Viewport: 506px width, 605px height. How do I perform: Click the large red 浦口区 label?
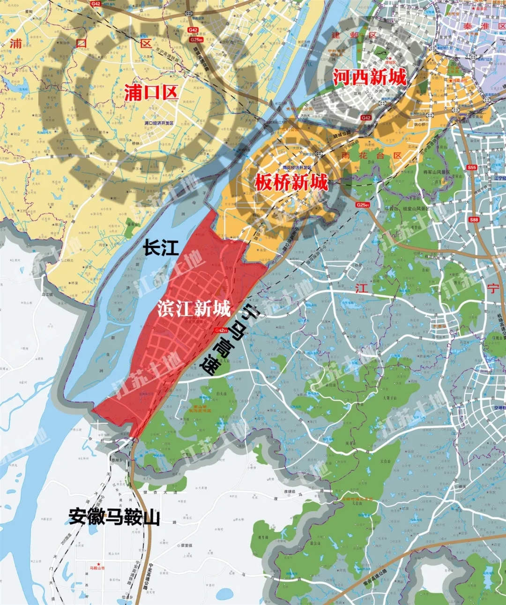pyautogui.click(x=151, y=92)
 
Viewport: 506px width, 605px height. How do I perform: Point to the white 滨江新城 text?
pyautogui.click(x=194, y=309)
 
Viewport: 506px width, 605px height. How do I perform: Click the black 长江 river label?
pyautogui.click(x=161, y=248)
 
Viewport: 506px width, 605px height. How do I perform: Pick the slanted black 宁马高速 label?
pyautogui.click(x=228, y=339)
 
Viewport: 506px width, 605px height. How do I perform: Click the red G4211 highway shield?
pyautogui.click(x=221, y=330)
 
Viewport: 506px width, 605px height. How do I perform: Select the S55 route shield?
pyautogui.click(x=471, y=167)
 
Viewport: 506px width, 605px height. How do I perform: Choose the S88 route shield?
pyautogui.click(x=474, y=219)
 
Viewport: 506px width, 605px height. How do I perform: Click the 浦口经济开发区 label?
pyautogui.click(x=159, y=123)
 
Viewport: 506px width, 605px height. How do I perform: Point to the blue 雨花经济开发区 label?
pyautogui.click(x=297, y=167)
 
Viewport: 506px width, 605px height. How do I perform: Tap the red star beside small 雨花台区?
pyautogui.click(x=450, y=81)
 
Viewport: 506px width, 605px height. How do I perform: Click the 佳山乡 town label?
pyautogui.click(x=127, y=597)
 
